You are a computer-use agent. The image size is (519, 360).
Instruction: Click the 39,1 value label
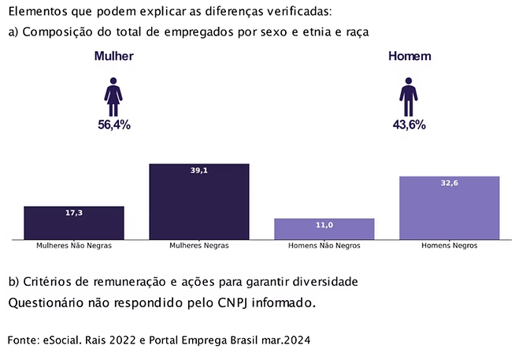[x=199, y=170]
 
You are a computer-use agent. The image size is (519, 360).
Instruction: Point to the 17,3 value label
[x=74, y=213]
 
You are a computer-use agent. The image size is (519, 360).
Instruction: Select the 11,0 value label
[x=324, y=225]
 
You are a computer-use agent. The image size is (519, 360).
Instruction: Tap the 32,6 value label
[x=449, y=183]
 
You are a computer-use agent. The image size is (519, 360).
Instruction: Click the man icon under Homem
[x=408, y=96]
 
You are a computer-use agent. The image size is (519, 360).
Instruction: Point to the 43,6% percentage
[x=409, y=124]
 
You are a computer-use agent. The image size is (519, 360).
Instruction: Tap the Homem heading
[x=410, y=57]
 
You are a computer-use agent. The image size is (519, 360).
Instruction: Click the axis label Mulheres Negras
[x=199, y=246]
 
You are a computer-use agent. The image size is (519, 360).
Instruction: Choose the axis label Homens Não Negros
[x=324, y=246]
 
